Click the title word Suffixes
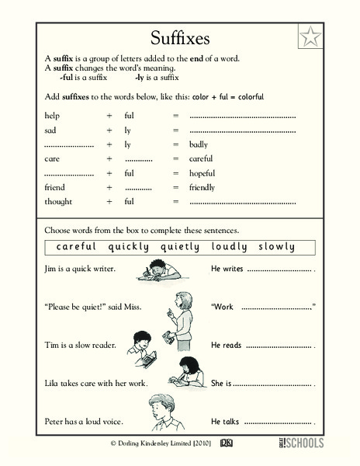[181, 38]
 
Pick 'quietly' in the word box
[180, 247]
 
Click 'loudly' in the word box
[230, 247]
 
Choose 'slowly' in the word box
[276, 247]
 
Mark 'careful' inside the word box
[76, 247]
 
